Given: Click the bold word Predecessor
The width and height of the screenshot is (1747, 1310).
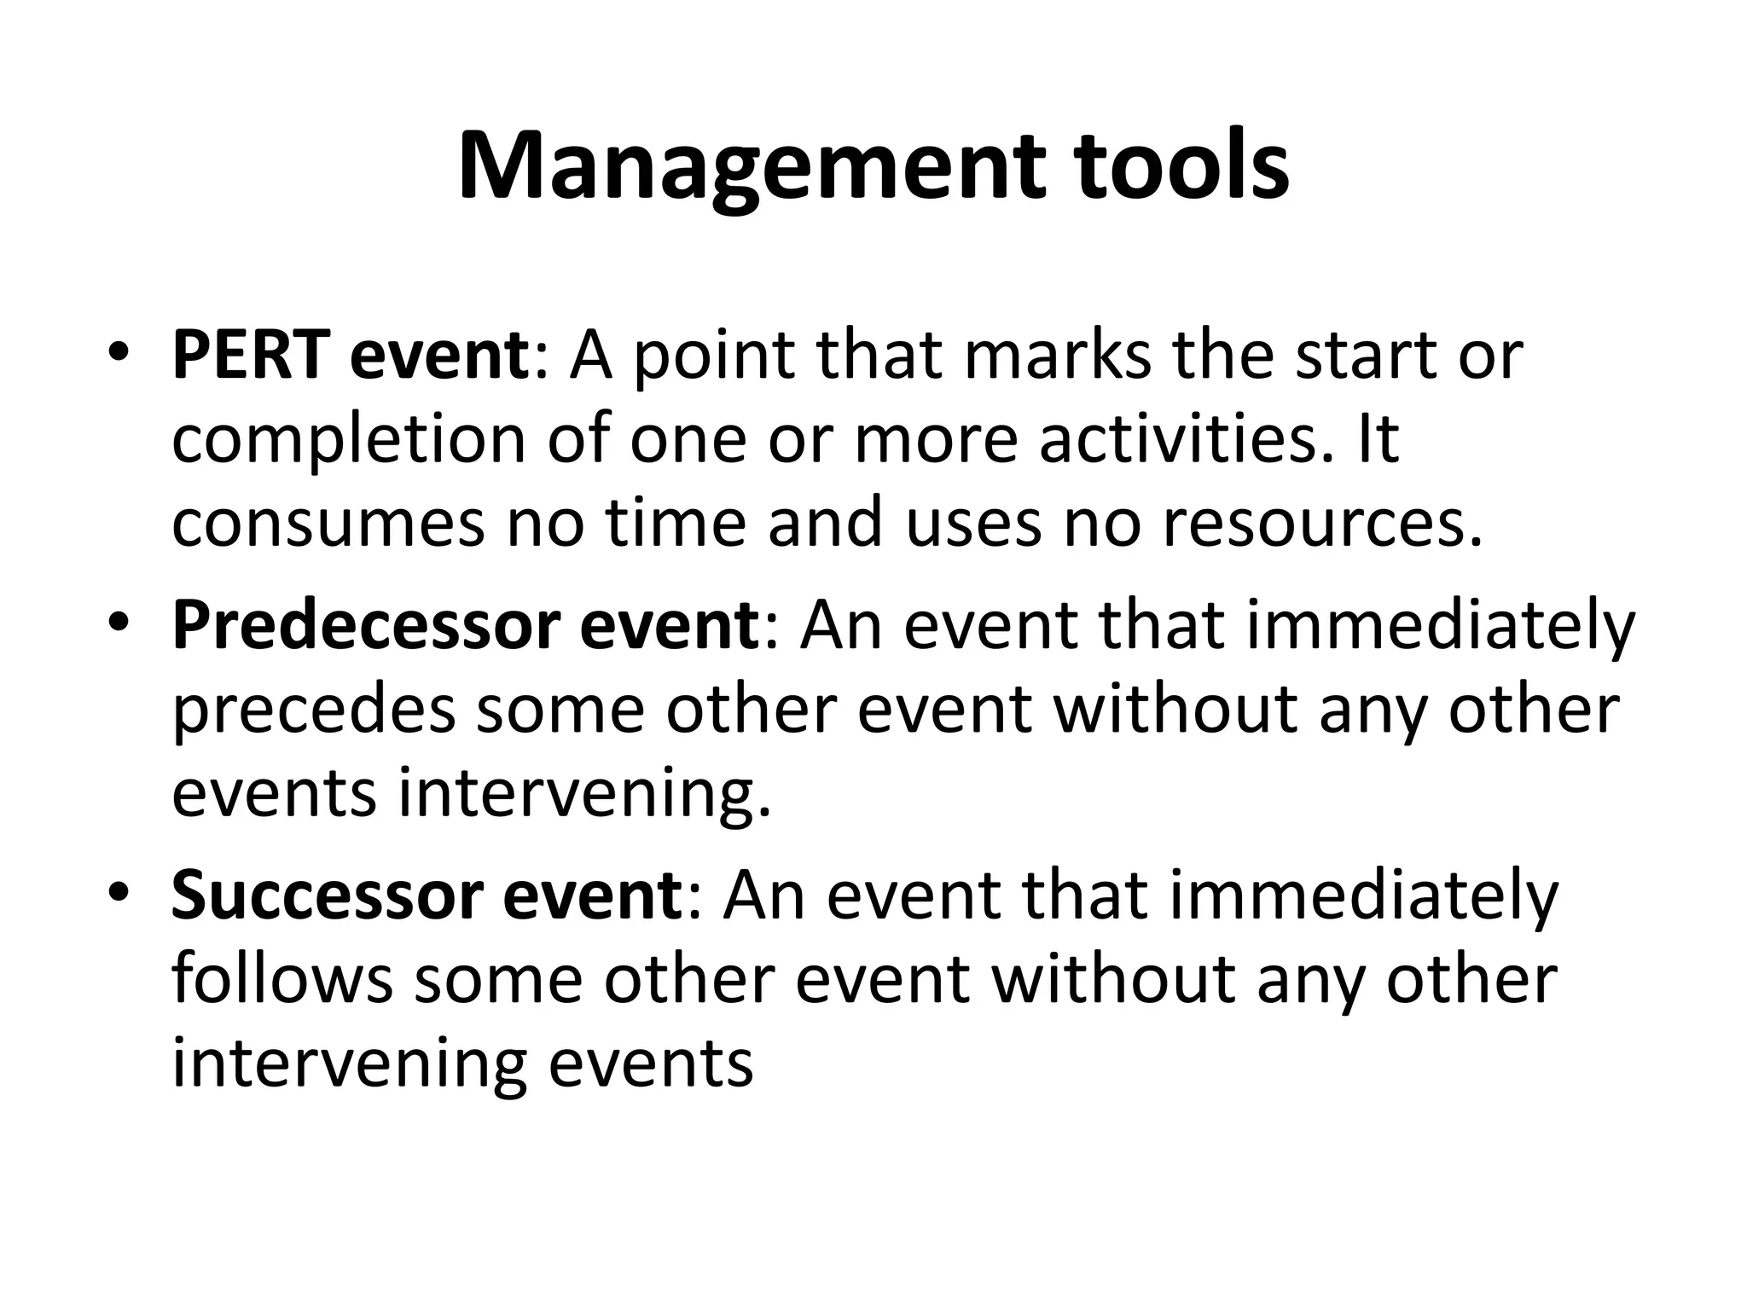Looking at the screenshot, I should [364, 627].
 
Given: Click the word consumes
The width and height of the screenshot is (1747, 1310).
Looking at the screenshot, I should [328, 524].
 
